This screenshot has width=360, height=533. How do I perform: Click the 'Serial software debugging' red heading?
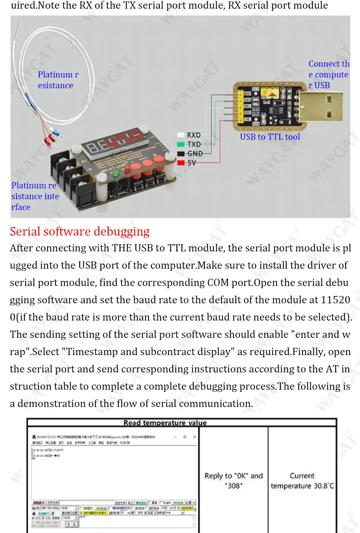tap(80, 231)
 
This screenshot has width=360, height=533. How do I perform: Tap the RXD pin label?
tap(194, 135)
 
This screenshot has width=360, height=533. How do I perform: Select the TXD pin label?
tap(194, 144)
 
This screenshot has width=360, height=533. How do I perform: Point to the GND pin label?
tap(195, 154)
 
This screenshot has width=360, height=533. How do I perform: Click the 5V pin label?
tap(192, 163)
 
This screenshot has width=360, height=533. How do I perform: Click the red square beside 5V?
tap(181, 163)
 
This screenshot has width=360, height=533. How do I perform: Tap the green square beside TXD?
tap(181, 144)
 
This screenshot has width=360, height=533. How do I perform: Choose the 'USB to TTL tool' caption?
tap(270, 137)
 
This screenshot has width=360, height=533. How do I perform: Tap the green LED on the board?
tap(116, 174)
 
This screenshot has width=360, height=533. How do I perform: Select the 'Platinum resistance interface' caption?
tap(35, 196)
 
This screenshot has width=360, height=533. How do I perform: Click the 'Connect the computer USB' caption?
tap(328, 75)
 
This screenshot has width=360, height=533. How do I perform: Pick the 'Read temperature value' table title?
tap(165, 423)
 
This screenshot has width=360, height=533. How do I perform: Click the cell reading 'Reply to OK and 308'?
tap(233, 480)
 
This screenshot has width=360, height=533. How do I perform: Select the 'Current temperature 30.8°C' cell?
tap(302, 480)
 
